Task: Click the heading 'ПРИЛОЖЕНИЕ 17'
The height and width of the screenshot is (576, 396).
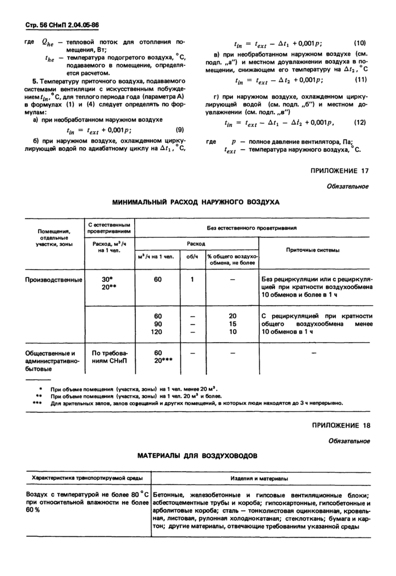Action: coord(340,171)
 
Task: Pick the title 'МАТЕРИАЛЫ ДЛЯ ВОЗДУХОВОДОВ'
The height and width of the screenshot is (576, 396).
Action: coord(197,455)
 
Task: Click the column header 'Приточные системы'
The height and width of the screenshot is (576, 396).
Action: coord(313,249)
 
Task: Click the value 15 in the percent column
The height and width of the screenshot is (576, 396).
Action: coord(232,323)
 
